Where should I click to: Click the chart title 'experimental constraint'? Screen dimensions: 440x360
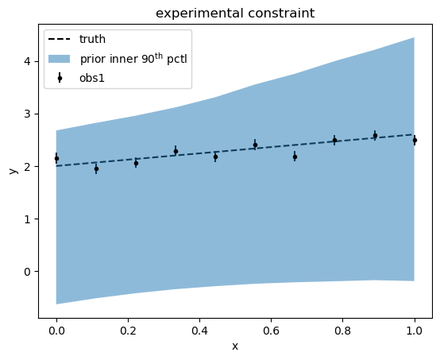click(235, 14)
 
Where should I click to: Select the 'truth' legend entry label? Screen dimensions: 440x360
click(92, 39)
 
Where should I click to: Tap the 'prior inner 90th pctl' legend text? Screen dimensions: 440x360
click(133, 58)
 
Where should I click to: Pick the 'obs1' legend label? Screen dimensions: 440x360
click(92, 78)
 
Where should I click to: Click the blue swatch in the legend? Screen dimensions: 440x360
click(60, 59)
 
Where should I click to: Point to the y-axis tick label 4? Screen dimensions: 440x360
click(28, 61)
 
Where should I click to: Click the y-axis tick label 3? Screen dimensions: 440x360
click(28, 114)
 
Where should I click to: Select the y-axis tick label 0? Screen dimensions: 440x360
click(28, 272)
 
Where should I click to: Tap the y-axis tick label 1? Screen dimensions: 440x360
click(28, 219)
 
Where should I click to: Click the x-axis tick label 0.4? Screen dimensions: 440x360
click(199, 331)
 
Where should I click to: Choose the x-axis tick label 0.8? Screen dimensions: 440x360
click(342, 331)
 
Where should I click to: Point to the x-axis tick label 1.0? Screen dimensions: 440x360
click(414, 331)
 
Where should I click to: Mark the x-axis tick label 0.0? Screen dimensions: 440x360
click(56, 331)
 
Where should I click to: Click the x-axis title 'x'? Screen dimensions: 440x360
click(235, 346)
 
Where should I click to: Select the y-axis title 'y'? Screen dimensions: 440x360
click(13, 171)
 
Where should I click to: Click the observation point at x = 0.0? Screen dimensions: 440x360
click(56, 158)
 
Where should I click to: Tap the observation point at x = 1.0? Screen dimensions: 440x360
click(415, 140)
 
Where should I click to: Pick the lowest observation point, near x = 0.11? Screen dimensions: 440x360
click(96, 168)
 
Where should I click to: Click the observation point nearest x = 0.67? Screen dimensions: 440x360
click(295, 157)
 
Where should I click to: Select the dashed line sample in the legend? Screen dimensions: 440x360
click(60, 39)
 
